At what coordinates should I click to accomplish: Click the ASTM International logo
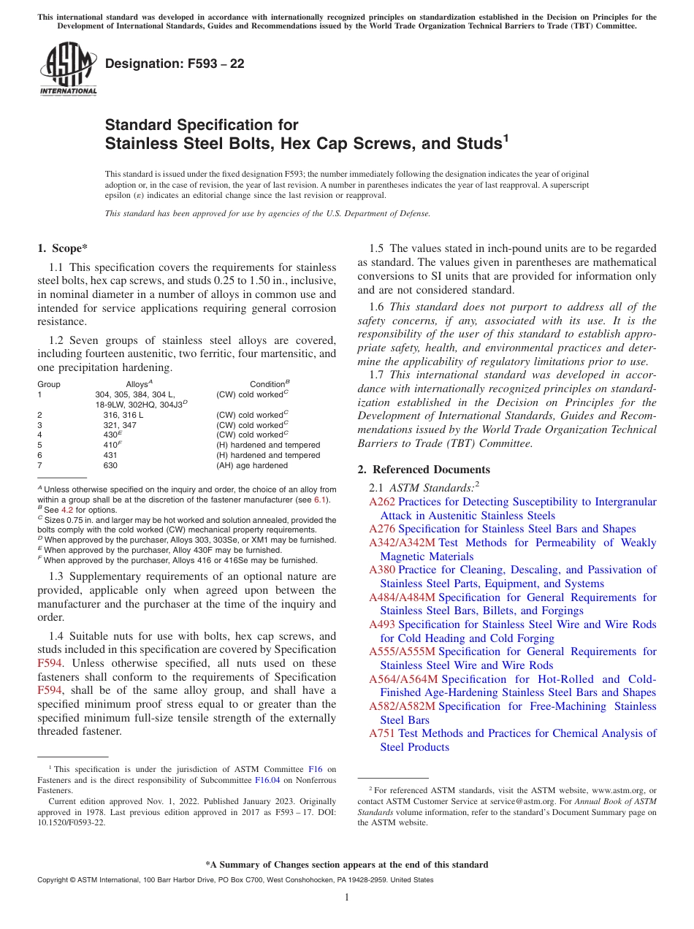pos(68,69)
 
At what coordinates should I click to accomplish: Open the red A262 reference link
pos(382,502)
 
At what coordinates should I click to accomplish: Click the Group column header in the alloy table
pos(49,384)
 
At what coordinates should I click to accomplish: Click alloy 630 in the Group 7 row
pos(110,465)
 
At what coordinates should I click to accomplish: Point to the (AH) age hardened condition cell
pos(252,465)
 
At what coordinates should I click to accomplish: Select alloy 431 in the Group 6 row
pos(110,455)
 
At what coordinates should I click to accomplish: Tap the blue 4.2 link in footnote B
pos(66,510)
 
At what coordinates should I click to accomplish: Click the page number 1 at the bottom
pos(347,897)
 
